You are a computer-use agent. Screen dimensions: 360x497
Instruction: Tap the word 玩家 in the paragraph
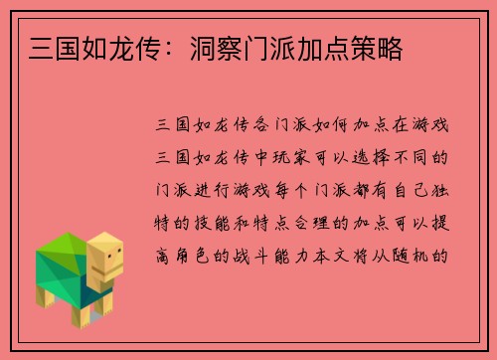pyautogui.click(x=293, y=157)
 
